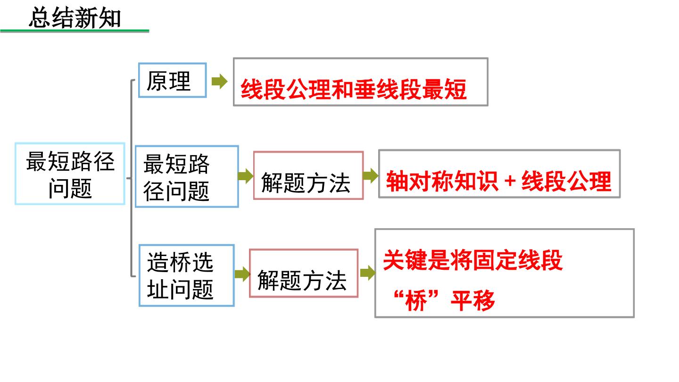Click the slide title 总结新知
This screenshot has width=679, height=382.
coord(75,18)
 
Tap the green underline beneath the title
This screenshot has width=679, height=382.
coord(75,31)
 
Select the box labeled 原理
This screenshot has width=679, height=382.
coord(173,80)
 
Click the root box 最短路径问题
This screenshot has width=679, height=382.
coord(70,174)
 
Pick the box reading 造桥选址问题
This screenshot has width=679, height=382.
coord(187,275)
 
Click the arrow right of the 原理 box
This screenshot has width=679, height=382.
coord(219,81)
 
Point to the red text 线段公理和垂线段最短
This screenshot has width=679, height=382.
coord(354,89)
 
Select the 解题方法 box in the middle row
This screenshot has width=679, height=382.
coord(308,175)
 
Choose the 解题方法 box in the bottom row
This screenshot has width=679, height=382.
coord(304,274)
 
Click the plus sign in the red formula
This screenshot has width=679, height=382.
coord(510,181)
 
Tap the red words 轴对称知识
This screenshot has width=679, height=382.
coord(442,181)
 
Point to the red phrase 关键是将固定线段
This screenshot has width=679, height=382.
coord(473,260)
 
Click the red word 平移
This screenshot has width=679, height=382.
coord(473,300)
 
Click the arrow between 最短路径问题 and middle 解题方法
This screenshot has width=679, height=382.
coord(246,176)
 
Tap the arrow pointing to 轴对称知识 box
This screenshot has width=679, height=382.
coord(371,175)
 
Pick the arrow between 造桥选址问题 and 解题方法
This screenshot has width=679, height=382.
coord(242,274)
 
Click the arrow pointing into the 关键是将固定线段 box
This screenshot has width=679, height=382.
coord(368,273)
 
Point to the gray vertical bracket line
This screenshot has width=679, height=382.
coord(132,178)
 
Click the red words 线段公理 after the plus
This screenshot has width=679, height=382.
coord(566,181)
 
